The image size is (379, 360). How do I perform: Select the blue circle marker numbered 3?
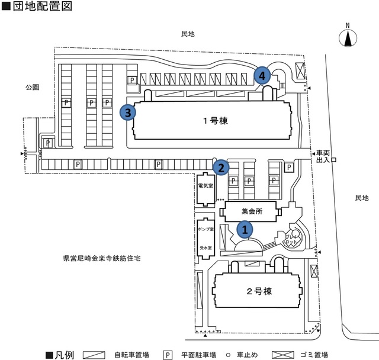pyautogui.click(x=127, y=111)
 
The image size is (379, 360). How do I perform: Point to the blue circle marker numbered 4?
pyautogui.click(x=263, y=75)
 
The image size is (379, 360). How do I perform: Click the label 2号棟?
pyautogui.click(x=259, y=291)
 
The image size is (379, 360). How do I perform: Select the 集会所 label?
pyautogui.click(x=251, y=210)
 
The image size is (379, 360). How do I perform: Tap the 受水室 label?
pyautogui.click(x=204, y=249)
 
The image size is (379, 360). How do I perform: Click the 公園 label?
pyautogui.click(x=32, y=86)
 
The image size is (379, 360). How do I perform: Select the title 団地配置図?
pyautogui.click(x=45, y=8)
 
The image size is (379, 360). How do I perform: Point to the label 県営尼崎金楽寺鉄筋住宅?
pyautogui.click(x=105, y=259)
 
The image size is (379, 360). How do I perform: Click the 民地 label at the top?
pyautogui.click(x=188, y=34)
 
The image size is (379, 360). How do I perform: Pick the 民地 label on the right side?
pyautogui.click(x=361, y=197)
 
